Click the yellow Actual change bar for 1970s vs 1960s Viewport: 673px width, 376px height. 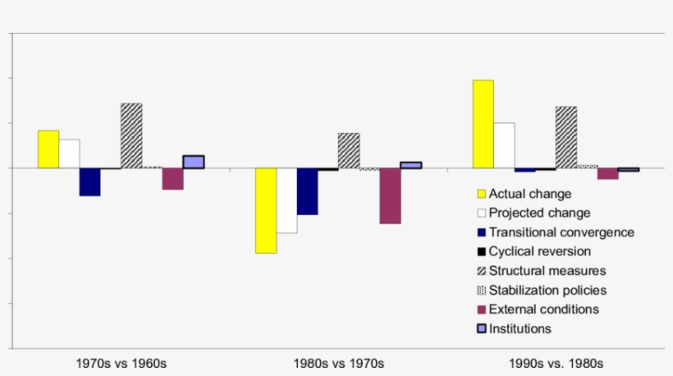(x=48, y=149)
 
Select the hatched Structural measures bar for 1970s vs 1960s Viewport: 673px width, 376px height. (x=131, y=135)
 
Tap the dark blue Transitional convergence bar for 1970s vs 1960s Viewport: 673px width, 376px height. (x=90, y=181)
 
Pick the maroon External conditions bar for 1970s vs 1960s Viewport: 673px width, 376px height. (x=173, y=179)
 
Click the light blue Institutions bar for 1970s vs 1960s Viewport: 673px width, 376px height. (x=194, y=162)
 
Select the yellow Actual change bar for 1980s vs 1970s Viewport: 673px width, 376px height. (x=266, y=210)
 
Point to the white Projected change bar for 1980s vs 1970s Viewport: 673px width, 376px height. (x=287, y=200)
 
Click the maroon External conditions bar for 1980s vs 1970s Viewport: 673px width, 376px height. (x=391, y=195)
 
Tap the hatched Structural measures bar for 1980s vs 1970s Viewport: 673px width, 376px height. (x=349, y=150)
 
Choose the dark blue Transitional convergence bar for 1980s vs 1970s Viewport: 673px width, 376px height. (x=308, y=191)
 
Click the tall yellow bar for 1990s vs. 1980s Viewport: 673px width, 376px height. (x=483, y=124)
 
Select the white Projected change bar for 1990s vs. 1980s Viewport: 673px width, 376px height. (x=505, y=145)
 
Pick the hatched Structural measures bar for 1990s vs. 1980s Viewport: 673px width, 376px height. (x=566, y=137)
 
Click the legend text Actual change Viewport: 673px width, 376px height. (x=529, y=194)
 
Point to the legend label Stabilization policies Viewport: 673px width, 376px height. (x=547, y=290)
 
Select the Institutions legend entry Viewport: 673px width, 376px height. (x=520, y=328)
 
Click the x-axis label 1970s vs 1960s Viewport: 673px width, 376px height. (x=122, y=362)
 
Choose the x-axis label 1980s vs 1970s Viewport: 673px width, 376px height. (x=338, y=362)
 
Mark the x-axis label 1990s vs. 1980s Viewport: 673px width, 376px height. (x=557, y=362)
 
